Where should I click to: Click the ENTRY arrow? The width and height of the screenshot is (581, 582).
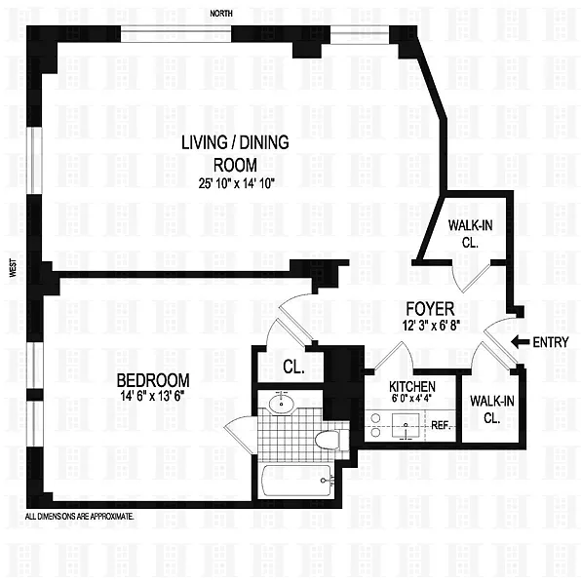[x=521, y=342]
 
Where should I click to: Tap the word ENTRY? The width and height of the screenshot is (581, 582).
[x=551, y=342]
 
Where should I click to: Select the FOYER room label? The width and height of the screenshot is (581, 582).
[x=430, y=309]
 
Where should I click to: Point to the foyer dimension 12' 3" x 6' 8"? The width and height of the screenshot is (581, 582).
[x=431, y=326]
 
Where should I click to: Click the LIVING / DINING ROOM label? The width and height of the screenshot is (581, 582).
[x=235, y=153]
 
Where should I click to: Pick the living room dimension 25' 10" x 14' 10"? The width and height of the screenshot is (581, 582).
[x=236, y=183]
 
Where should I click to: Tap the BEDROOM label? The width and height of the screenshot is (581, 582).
[x=153, y=380]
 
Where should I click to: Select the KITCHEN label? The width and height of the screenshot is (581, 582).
[x=412, y=387]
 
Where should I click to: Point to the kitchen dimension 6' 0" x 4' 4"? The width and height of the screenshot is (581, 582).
[x=412, y=399]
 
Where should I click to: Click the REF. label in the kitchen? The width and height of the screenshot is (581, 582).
[x=441, y=425]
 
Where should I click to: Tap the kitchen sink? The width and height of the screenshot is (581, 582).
[x=406, y=426]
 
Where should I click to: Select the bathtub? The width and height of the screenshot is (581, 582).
[x=297, y=481]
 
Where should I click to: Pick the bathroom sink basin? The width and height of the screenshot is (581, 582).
[x=282, y=404]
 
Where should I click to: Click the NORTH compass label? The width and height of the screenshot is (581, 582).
[x=221, y=14]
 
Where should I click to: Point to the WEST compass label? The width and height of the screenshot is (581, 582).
[x=14, y=268]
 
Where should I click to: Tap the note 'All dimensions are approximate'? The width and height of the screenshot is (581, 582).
[x=79, y=516]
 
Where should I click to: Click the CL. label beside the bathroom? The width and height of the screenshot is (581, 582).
[x=293, y=367]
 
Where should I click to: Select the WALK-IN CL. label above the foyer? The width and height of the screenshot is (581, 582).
[x=470, y=233]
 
